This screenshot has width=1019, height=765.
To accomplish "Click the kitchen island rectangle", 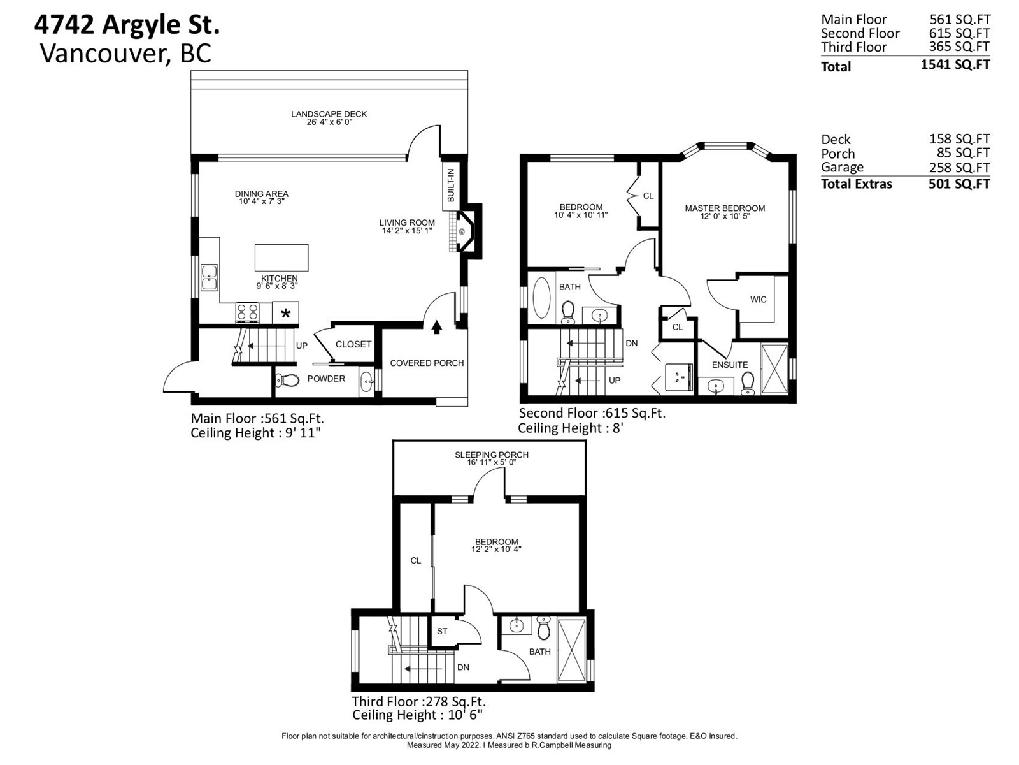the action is click(x=281, y=258).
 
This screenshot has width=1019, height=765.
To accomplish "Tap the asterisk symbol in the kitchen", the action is click(x=285, y=314).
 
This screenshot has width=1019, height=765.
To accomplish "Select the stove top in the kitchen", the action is click(x=248, y=312).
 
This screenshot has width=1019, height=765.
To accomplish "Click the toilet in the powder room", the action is click(x=287, y=381).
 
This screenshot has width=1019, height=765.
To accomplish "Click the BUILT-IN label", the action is click(x=450, y=185).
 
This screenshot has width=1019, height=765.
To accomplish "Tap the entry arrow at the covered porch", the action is click(x=436, y=328).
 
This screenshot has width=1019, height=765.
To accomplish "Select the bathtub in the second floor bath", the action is click(x=541, y=297).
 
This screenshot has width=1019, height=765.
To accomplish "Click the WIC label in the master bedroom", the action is click(x=758, y=300).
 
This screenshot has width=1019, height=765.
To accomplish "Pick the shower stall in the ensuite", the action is click(x=774, y=370).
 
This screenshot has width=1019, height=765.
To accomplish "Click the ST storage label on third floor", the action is click(x=442, y=631).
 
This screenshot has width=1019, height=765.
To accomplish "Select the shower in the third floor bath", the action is click(x=571, y=650).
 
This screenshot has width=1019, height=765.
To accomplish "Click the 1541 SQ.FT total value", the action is click(x=955, y=64).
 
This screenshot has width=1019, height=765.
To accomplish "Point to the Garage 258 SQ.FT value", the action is click(x=960, y=167).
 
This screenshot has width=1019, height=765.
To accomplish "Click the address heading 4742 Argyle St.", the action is click(x=127, y=25).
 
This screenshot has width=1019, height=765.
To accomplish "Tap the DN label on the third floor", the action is click(x=463, y=667).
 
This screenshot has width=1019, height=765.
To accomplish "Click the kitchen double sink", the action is click(x=210, y=278).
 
